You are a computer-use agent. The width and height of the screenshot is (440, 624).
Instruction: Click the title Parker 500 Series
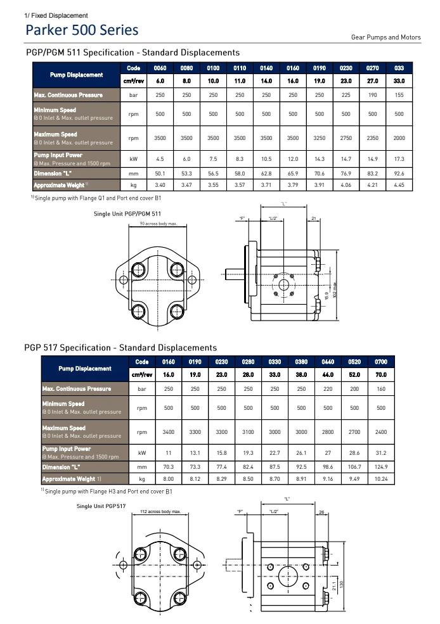[82, 30]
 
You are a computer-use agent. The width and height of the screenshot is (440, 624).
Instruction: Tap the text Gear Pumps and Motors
[385, 37]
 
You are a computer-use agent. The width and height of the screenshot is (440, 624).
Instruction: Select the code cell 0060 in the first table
[160, 68]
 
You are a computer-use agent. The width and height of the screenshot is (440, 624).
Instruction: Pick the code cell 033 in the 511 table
[399, 68]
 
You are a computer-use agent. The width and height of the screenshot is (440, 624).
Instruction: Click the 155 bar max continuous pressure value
[399, 95]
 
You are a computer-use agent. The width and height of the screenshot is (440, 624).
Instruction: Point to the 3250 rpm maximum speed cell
[320, 137]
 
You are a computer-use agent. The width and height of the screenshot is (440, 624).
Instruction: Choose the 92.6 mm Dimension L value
[399, 172]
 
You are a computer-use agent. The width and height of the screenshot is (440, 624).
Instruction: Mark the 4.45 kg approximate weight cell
[399, 185]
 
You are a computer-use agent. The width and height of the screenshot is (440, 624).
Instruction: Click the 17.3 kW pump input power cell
[399, 158]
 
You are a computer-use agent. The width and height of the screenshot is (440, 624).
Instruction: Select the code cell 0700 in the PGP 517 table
[380, 362]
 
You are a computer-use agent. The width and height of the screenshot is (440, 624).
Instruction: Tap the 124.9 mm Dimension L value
[380, 466]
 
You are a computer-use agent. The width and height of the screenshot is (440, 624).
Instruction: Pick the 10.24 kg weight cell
[380, 479]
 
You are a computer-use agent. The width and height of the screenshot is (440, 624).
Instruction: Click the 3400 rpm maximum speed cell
[169, 431]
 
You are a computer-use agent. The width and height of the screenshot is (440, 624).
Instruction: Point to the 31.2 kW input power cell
[380, 452]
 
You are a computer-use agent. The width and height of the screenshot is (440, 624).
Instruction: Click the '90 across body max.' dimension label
[158, 224]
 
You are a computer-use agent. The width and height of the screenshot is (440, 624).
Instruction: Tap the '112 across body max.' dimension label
[160, 511]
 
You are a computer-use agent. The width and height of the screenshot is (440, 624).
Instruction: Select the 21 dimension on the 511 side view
[314, 219]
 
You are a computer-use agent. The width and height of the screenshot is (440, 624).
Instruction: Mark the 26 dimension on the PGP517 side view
[321, 511]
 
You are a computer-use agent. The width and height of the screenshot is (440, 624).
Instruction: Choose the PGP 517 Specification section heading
[120, 347]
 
